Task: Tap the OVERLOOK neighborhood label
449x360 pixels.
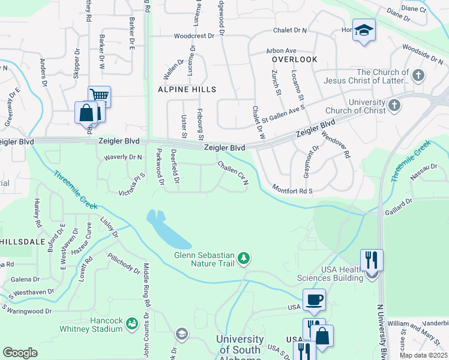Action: [294, 60]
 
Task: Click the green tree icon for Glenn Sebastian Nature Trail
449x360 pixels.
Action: [243, 258]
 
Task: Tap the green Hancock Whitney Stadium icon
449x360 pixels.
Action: [132, 325]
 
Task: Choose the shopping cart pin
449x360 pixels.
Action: [99, 95]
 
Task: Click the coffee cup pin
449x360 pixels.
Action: [314, 299]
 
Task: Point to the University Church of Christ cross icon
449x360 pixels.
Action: [394, 106]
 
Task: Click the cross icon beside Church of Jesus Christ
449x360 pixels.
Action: [418, 76]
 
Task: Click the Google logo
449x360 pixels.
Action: [20, 352]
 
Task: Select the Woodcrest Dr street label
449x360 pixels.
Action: [194, 36]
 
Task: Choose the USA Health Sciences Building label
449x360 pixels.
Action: [330, 274]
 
